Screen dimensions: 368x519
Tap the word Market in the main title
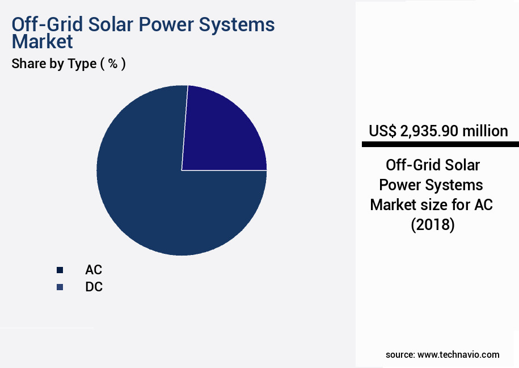click(x=43, y=41)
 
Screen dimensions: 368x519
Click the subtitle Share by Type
click(x=54, y=64)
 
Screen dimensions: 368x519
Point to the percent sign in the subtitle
click(x=113, y=64)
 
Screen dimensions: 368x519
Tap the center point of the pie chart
click(x=182, y=170)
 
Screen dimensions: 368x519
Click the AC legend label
click(x=94, y=270)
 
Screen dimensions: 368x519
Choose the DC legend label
click(x=94, y=287)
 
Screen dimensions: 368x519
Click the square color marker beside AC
click(x=60, y=270)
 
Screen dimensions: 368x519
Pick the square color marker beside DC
click(x=60, y=287)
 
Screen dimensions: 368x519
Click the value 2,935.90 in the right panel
click(x=429, y=131)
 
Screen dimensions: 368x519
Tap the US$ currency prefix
click(x=383, y=131)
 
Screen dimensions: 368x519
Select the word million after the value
click(x=485, y=131)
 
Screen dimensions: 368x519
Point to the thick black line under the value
click(x=437, y=145)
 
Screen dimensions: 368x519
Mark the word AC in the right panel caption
click(x=483, y=204)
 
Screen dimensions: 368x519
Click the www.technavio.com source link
click(x=458, y=354)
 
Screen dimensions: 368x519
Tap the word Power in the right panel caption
click(x=400, y=185)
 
